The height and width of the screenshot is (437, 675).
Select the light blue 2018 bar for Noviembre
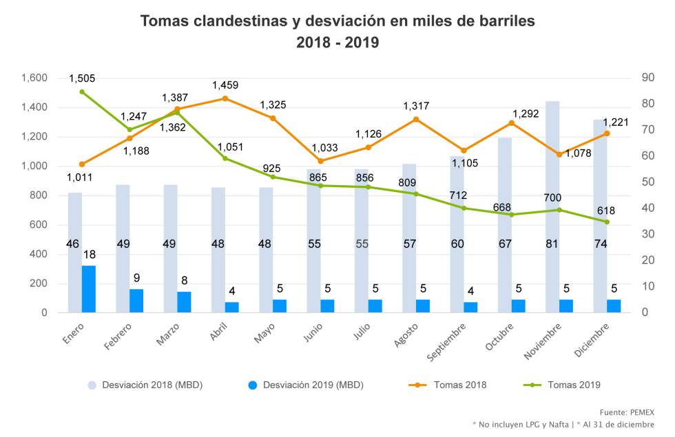point(552,206)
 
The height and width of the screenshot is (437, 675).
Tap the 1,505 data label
point(82,78)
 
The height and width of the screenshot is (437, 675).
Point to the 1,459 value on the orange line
point(225,85)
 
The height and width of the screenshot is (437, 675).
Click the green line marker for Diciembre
point(607,222)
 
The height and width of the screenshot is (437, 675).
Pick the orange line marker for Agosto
point(416,119)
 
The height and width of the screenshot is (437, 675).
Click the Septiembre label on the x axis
point(446,343)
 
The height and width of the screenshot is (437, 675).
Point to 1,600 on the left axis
point(34,78)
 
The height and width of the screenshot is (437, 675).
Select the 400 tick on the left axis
point(39,254)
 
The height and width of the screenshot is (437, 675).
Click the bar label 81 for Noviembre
point(552,244)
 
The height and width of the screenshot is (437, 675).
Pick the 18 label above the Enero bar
point(89,255)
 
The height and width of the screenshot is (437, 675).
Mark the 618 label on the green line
point(606,211)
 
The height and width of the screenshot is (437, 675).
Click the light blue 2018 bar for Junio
point(314,241)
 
